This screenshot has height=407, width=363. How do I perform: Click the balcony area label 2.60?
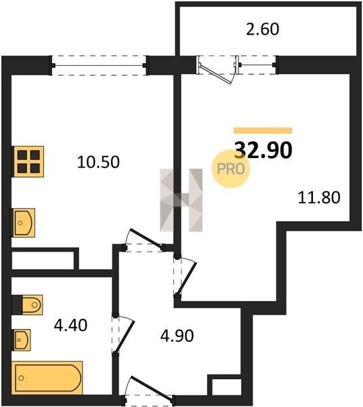[263, 29]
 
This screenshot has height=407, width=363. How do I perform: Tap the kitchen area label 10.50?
[98, 162]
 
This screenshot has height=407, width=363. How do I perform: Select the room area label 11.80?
[319, 197]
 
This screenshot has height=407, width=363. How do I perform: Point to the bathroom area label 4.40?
[70, 325]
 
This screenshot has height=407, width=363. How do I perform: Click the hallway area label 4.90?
[177, 336]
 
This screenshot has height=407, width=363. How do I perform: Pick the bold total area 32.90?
[263, 150]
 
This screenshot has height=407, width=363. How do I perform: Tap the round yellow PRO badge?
[230, 169]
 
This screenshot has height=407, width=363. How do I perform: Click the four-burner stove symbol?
[28, 161]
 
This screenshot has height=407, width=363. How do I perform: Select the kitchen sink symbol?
[23, 222]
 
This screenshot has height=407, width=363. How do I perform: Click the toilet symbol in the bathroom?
[28, 305]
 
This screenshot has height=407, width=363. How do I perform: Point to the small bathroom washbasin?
[22, 340]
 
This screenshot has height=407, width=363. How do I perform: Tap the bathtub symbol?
[47, 378]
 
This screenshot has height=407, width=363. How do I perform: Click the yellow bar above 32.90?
[263, 130]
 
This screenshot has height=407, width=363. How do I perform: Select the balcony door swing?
[217, 70]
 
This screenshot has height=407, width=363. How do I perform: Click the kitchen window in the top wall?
[99, 65]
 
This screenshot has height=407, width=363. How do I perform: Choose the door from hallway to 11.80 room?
[186, 277]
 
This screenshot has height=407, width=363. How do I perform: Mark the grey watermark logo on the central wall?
[181, 200]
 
